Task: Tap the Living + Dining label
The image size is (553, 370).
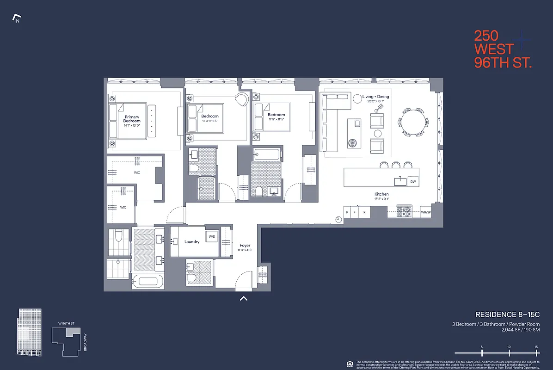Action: pos(375,97)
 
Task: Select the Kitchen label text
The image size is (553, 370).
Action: pos(381,194)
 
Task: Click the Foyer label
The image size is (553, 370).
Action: pos(245,246)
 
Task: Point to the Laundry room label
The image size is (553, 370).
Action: pos(192,241)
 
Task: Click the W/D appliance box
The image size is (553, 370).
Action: pos(212,237)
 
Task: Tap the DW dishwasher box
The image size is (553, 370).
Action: pos(413,182)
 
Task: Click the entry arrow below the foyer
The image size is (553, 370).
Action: pos(244,299)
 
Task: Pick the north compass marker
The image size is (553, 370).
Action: pos(17,19)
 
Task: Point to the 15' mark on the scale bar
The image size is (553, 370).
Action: pos(536,347)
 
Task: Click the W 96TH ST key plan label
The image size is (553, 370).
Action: pos(66,322)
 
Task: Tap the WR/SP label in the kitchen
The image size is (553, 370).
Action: pos(426,212)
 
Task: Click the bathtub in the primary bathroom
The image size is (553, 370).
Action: pos(148,281)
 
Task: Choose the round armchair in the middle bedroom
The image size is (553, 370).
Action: pos(242,99)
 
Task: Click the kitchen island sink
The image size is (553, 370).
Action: pos(400,181)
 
